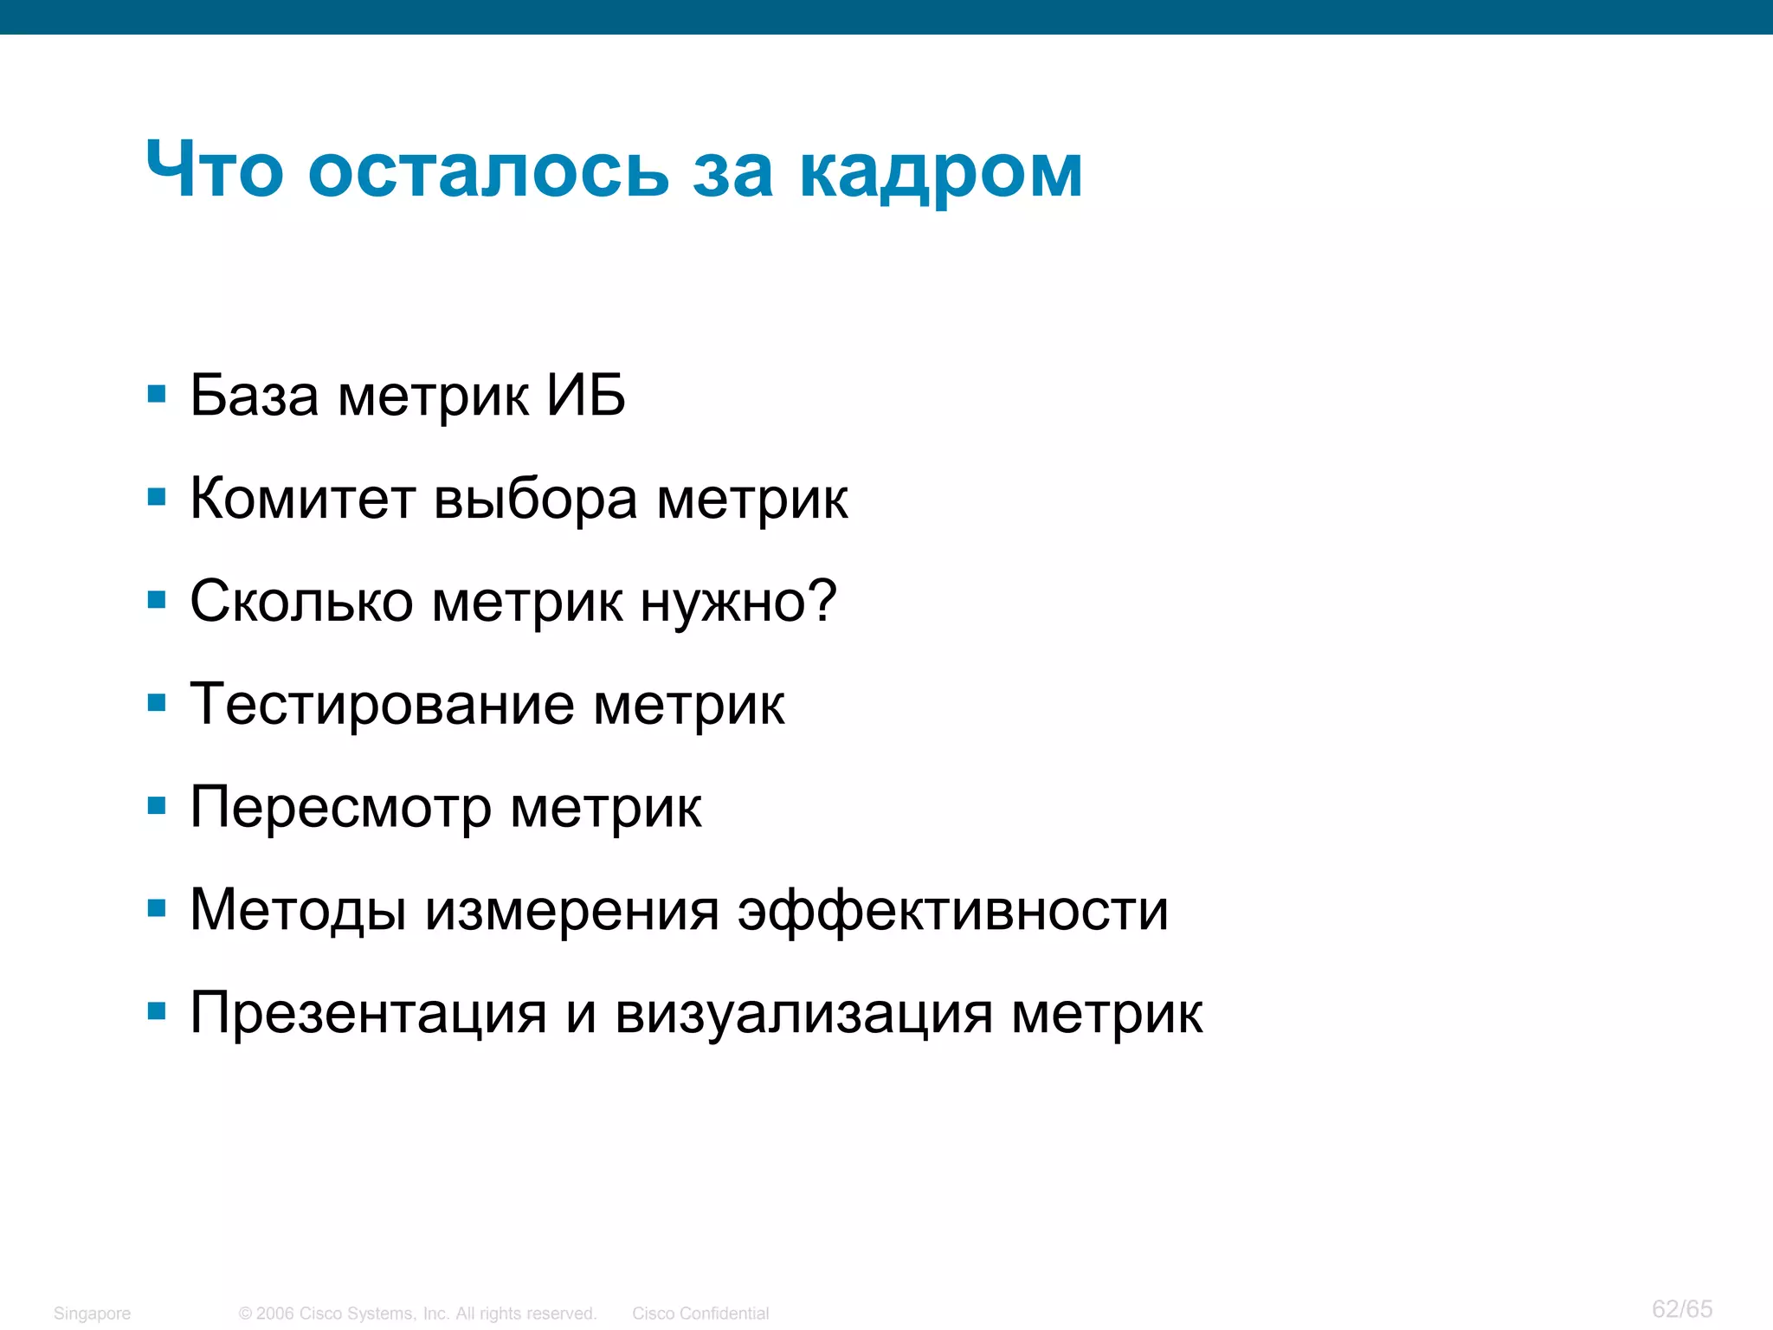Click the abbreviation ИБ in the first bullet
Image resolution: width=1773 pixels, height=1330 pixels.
tap(585, 396)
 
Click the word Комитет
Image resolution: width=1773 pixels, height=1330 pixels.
tap(302, 499)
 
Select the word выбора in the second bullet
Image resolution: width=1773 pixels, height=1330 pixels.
tap(535, 500)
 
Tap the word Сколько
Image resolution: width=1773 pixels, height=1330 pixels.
tap(301, 601)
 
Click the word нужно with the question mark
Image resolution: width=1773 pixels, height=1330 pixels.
tap(738, 603)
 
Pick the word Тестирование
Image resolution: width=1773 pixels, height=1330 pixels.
tap(382, 704)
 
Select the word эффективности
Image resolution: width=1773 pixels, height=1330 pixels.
tap(952, 911)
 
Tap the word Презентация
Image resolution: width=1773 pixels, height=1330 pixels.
tap(368, 1014)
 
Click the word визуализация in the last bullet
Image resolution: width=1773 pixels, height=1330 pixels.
tap(803, 1014)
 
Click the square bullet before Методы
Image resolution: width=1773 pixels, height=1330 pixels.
tap(157, 908)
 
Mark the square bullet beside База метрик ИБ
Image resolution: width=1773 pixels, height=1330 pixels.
tap(157, 395)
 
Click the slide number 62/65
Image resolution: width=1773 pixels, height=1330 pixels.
tap(1681, 1308)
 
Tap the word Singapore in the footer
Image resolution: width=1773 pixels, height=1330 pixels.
tap(92, 1314)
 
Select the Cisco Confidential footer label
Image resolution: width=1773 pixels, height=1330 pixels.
tap(700, 1314)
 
